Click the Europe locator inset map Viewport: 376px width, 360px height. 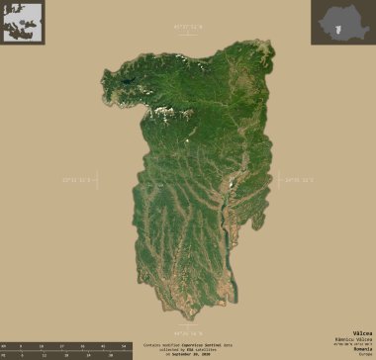point(23,22)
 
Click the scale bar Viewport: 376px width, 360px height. point(65,345)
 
